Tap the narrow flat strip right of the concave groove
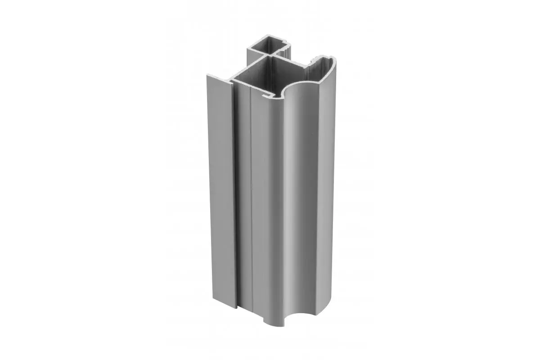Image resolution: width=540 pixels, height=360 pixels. coord(329,189)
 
